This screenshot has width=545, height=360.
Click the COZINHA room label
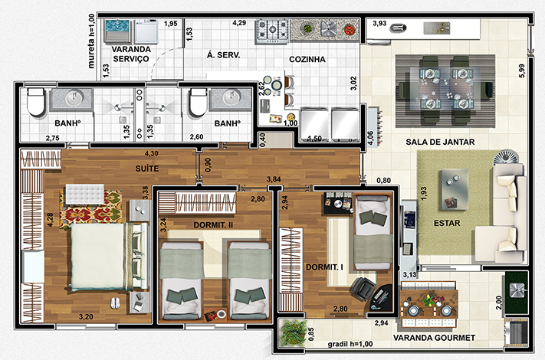pos(307,60)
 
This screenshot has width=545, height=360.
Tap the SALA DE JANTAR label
pos(440,142)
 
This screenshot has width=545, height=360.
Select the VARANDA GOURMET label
pos(434,338)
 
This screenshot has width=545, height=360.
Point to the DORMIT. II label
pos(213,225)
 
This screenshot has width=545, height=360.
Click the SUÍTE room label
pos(147,169)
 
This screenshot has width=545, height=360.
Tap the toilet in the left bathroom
pos(35,102)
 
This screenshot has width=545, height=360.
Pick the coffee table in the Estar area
pos(455,189)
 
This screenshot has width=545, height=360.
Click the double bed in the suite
pos(106,256)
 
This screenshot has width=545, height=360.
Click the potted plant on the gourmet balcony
pos(294,332)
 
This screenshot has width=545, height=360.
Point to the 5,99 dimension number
pos(522,70)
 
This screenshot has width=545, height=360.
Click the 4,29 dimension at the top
pos(239,23)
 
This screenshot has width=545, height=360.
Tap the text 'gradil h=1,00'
pos(350,344)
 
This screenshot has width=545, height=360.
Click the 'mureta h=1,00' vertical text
pos(91,41)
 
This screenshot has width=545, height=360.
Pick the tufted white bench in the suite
pos(85,194)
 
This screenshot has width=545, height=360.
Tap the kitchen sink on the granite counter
pos(329,29)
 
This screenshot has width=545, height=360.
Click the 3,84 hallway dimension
pos(274,179)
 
